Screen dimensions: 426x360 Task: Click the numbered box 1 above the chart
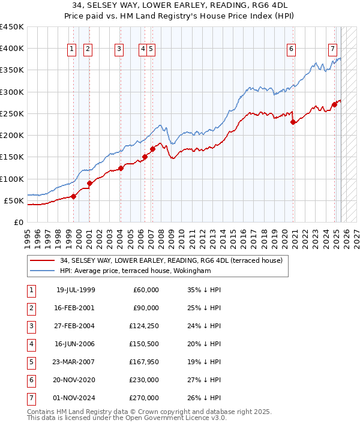72,49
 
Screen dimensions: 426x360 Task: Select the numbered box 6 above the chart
291,49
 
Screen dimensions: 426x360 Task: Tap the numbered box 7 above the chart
332,49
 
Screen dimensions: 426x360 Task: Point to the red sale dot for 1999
74,196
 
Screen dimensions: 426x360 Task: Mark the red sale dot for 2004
121,168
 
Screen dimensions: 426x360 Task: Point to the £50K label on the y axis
14,200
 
